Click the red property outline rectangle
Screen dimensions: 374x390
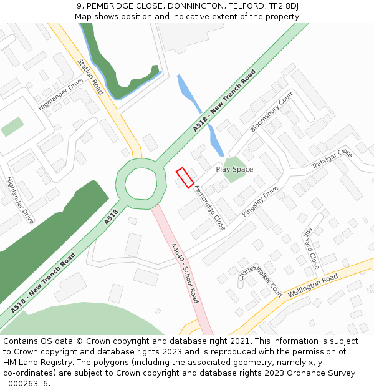point(185,177)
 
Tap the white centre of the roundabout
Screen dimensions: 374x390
point(141,183)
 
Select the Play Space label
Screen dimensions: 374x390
point(234,169)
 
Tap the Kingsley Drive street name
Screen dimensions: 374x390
point(261,201)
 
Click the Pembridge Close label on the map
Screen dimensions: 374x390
point(210,207)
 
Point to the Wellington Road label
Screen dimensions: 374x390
point(313,285)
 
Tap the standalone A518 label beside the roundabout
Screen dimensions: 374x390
point(111,217)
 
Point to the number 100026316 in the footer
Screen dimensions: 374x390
point(27,383)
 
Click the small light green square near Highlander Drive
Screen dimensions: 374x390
point(12,126)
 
